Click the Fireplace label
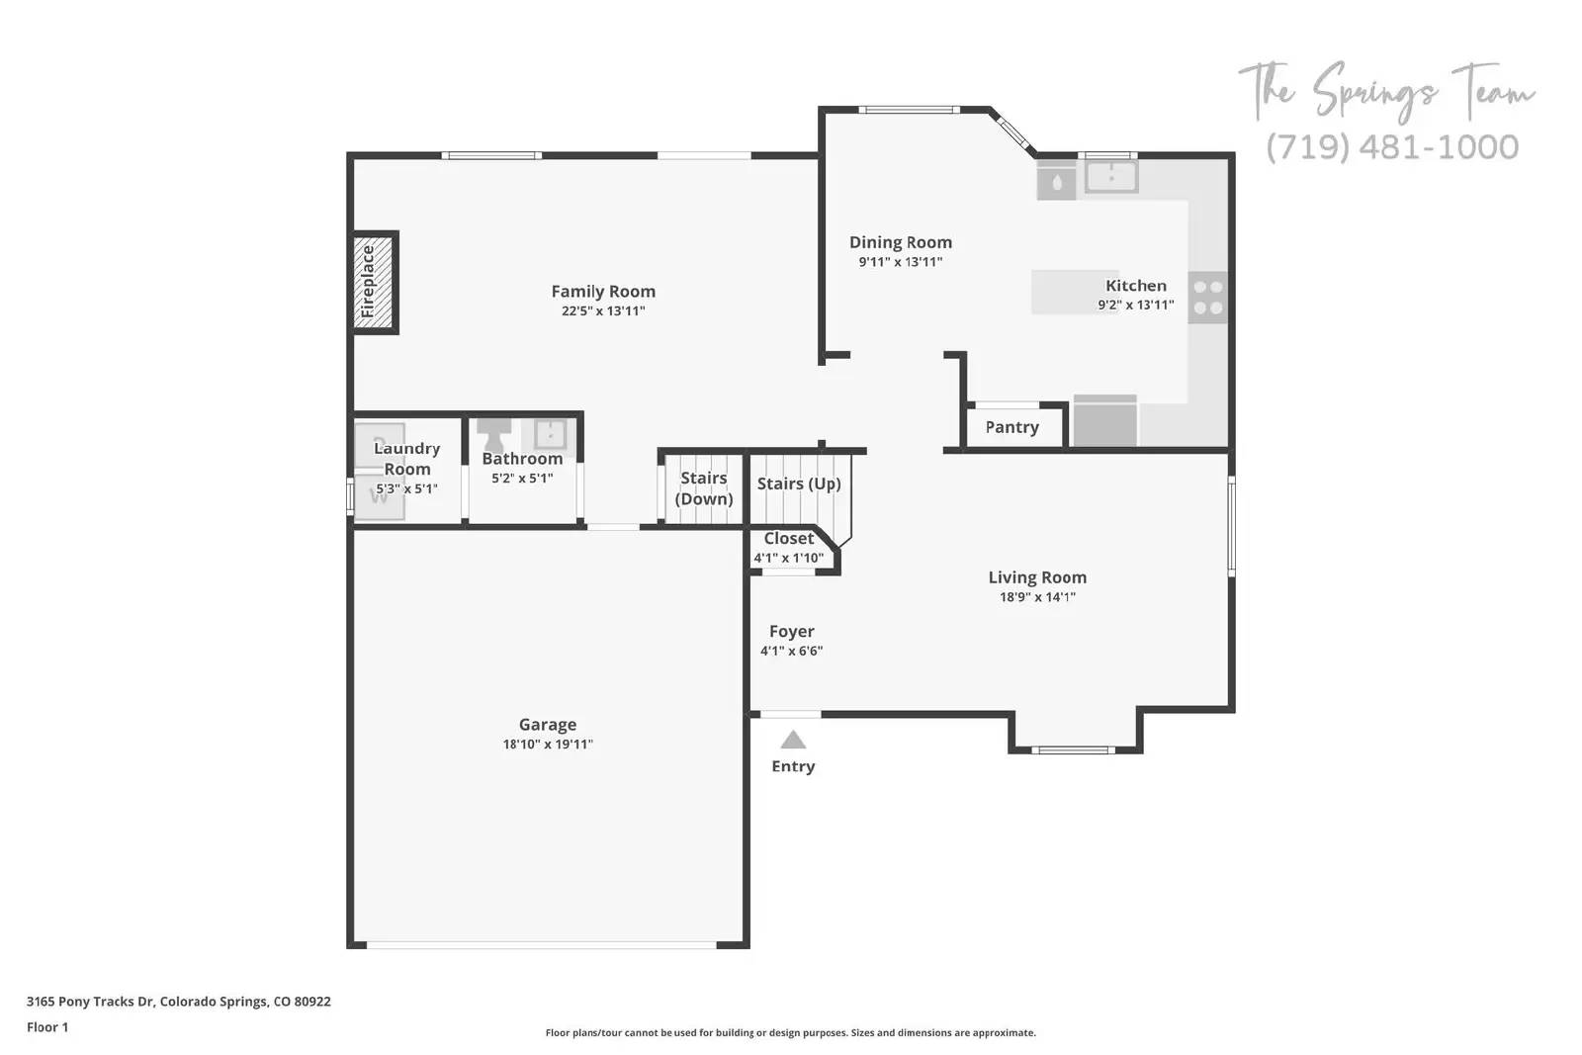[368, 282]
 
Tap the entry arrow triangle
[793, 740]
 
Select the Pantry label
[1011, 427]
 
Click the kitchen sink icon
[1111, 177]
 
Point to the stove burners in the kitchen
[1207, 298]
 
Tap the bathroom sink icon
[549, 433]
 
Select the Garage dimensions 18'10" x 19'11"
[548, 745]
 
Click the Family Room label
[603, 291]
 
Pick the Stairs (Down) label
[704, 488]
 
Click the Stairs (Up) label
[799, 484]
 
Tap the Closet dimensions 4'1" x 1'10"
[788, 558]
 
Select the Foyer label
[791, 631]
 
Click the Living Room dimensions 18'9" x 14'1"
[1037, 597]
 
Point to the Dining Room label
[900, 242]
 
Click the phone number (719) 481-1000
[1392, 146]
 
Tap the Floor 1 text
[47, 1027]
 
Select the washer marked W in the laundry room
[379, 497]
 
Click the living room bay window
[1074, 749]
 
